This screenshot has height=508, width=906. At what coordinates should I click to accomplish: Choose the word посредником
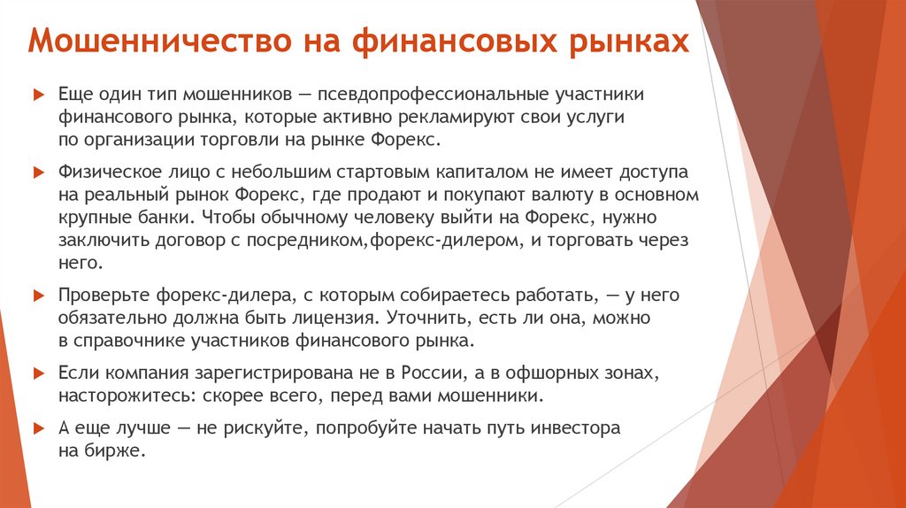(x=293, y=240)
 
